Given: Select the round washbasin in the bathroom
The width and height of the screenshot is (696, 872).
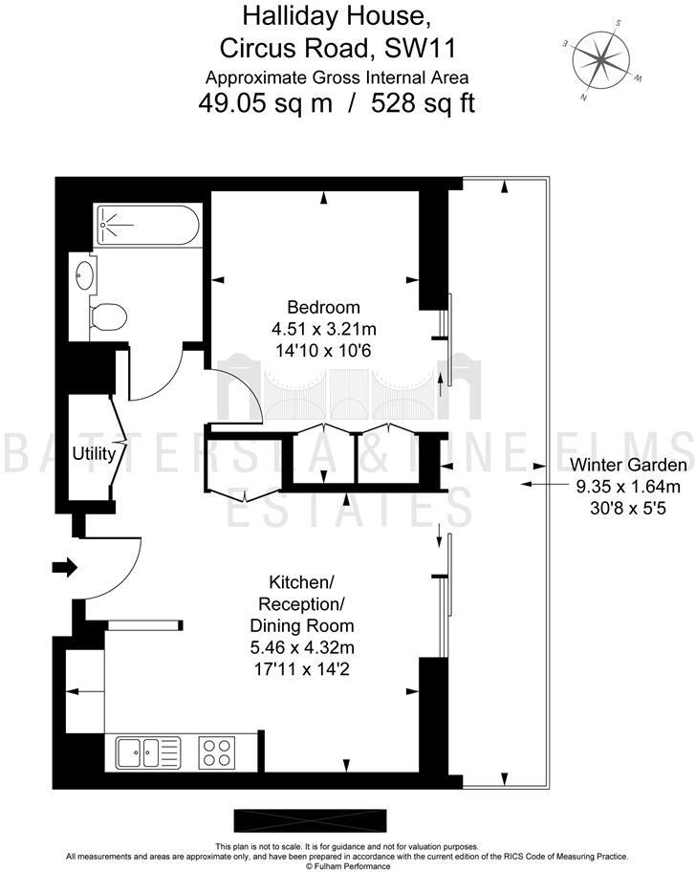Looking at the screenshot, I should click(84, 277).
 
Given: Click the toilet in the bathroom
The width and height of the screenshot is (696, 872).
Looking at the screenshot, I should click(107, 316).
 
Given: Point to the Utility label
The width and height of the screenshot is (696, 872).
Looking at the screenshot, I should click(94, 453).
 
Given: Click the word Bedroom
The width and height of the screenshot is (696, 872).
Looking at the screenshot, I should click(324, 307).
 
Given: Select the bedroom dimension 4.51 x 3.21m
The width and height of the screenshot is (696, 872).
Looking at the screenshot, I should click(324, 329).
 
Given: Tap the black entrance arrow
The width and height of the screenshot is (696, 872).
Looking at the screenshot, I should click(65, 569).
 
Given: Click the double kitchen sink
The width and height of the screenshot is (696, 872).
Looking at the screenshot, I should click(148, 752).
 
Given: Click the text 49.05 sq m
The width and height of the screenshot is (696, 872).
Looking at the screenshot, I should click(265, 103).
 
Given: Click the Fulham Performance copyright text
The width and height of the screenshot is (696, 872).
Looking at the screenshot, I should click(348, 866).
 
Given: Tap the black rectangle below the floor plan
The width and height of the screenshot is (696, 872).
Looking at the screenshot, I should click(310, 820).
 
